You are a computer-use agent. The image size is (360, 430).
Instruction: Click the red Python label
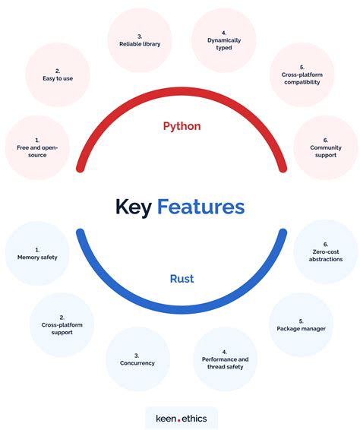[x=182, y=126]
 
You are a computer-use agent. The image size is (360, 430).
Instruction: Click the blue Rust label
[x=182, y=279]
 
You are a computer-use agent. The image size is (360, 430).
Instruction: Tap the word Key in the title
[x=133, y=207]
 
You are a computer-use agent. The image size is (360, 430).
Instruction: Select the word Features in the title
[x=201, y=207]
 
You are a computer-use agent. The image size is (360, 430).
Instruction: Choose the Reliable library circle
[x=139, y=39]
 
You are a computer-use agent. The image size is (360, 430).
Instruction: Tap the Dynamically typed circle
[x=224, y=39]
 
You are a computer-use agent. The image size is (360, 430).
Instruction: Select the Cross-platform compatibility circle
[x=302, y=74]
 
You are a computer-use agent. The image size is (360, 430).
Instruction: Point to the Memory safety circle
[x=37, y=253]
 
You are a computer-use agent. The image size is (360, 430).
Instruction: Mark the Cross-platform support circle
[x=62, y=324]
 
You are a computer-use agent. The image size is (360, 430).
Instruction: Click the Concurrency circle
[x=138, y=359]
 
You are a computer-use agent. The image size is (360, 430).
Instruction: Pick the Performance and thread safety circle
[x=226, y=359]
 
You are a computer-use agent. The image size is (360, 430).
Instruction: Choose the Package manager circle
[x=302, y=324]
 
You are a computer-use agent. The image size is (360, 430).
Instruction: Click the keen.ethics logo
[x=182, y=417]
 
